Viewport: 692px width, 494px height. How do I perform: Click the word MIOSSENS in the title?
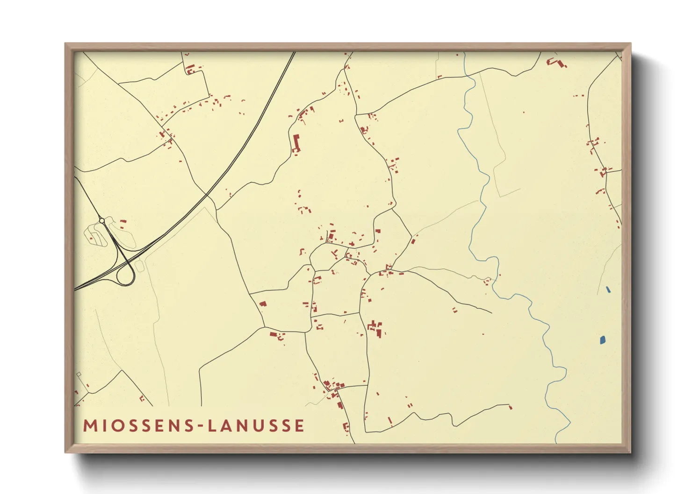(x=137, y=426)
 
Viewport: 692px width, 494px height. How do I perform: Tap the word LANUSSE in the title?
(x=257, y=426)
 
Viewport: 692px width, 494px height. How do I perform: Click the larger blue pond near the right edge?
(x=603, y=340)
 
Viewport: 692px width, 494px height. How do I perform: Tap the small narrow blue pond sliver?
(x=608, y=289)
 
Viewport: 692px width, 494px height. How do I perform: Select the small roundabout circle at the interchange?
(x=102, y=220)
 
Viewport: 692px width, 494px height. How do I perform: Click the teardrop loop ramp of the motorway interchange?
(x=125, y=275)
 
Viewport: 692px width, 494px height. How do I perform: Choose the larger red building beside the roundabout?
(x=123, y=222)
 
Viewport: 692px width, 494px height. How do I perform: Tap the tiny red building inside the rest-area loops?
(x=92, y=238)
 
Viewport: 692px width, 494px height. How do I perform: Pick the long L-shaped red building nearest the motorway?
(x=296, y=143)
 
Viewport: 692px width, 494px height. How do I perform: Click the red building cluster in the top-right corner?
(x=556, y=62)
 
